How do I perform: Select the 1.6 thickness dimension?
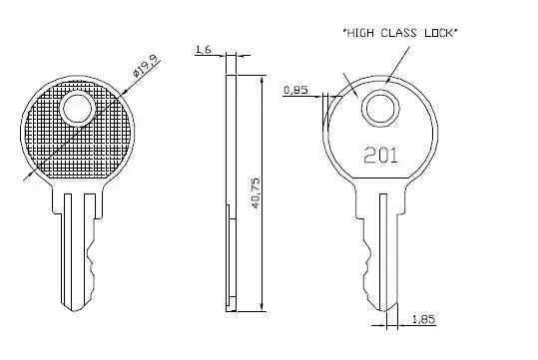(204, 49)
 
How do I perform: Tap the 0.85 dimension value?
(294, 90)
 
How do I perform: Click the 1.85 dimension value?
(422, 319)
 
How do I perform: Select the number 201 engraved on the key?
(379, 155)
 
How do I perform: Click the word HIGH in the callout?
(361, 33)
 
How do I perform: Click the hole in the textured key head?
(76, 107)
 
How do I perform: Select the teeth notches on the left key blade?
(96, 255)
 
